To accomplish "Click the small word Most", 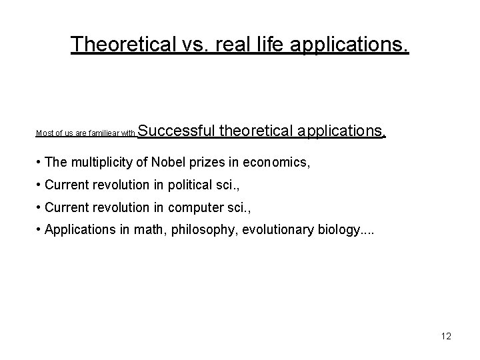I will tap(44, 133).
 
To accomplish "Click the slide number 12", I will tap(446, 336).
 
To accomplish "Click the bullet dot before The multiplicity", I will tap(40, 162).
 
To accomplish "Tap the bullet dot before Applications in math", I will tap(40, 231).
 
